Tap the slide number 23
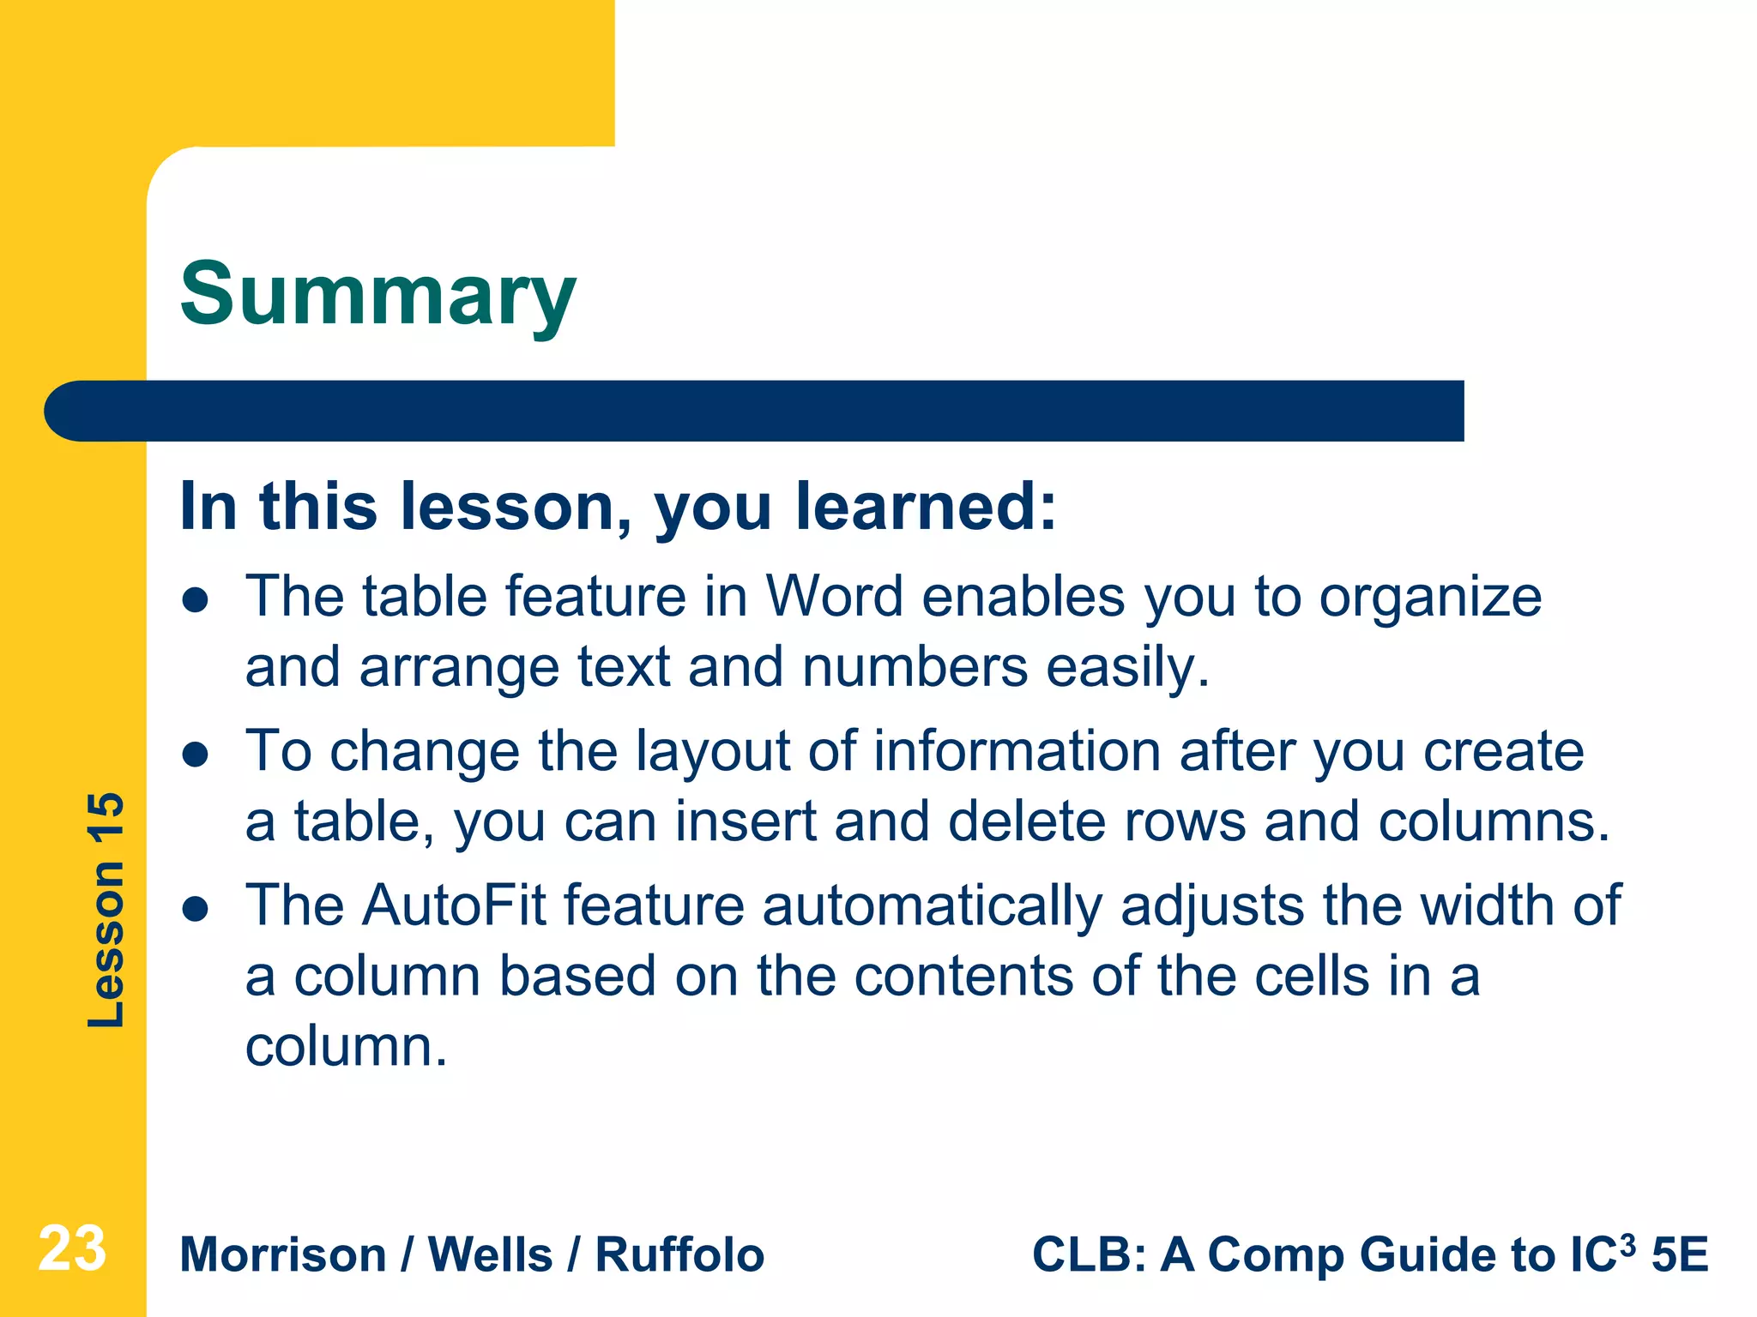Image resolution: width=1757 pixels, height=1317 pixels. click(x=72, y=1249)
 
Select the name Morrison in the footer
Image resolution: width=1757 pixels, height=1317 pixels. click(x=283, y=1255)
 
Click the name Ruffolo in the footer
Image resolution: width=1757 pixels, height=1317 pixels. click(x=679, y=1255)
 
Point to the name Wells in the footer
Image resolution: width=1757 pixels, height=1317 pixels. click(x=490, y=1255)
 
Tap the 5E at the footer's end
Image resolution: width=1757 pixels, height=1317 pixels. click(x=1680, y=1255)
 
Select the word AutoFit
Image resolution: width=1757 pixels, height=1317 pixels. click(x=454, y=905)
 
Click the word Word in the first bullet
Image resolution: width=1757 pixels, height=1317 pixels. click(x=834, y=597)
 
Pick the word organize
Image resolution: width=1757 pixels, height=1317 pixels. click(x=1430, y=598)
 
